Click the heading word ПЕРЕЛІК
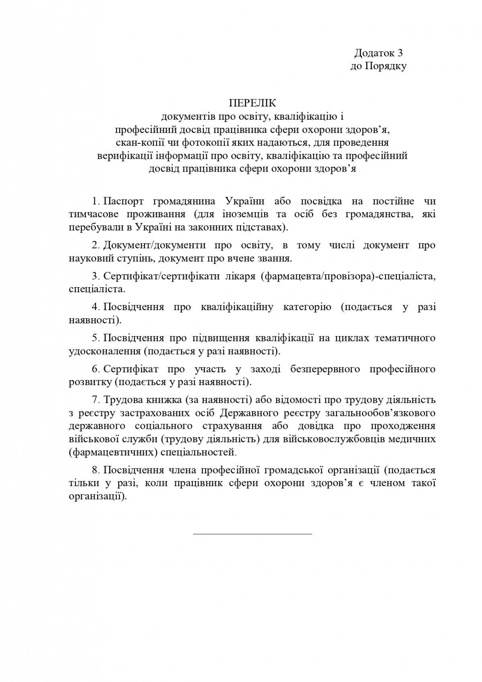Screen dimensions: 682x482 (x=253, y=103)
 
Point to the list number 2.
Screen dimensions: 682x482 (x=95, y=245)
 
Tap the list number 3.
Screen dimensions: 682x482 (x=95, y=276)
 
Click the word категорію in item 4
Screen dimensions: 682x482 (x=307, y=307)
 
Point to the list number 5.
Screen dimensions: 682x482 (x=95, y=338)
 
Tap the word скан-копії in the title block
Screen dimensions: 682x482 (x=135, y=142)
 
